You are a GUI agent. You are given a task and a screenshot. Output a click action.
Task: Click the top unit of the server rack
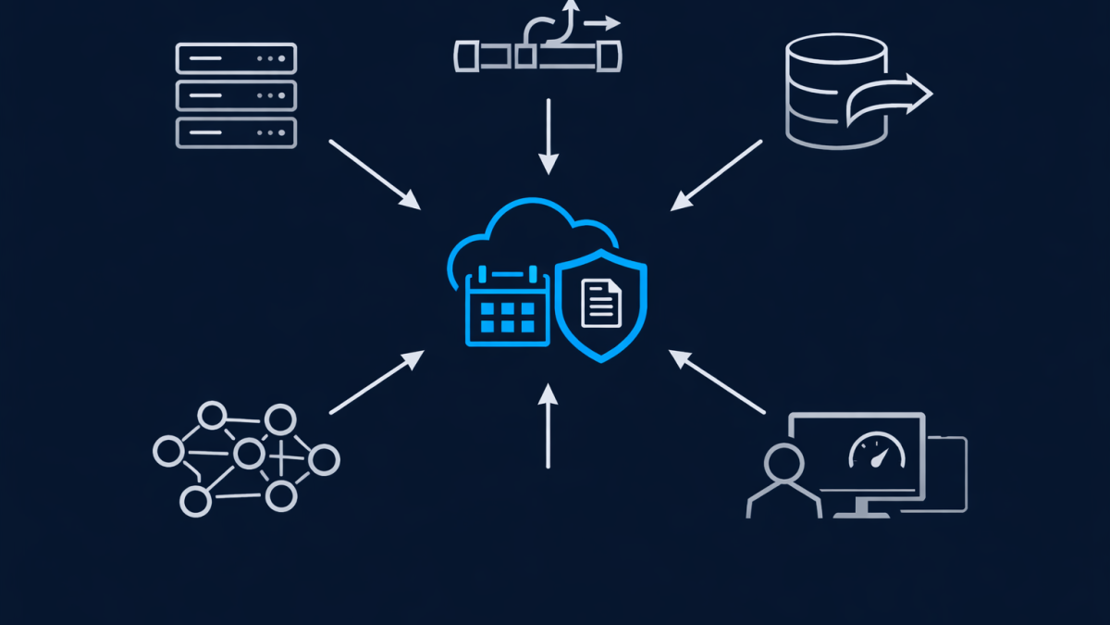coord(236,57)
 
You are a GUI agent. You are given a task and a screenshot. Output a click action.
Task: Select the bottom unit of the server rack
coord(236,131)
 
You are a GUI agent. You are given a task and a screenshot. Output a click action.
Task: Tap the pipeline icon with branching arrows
coord(536,46)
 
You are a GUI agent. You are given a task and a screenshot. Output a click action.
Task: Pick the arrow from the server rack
coord(374,174)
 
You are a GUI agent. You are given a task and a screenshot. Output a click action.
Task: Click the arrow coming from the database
coord(717,176)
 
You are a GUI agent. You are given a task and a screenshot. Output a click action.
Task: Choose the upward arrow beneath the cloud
coord(549,425)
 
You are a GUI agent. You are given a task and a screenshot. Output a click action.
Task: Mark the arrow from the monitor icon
coord(717,381)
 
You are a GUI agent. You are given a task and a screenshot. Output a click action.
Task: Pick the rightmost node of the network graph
coord(324,459)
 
